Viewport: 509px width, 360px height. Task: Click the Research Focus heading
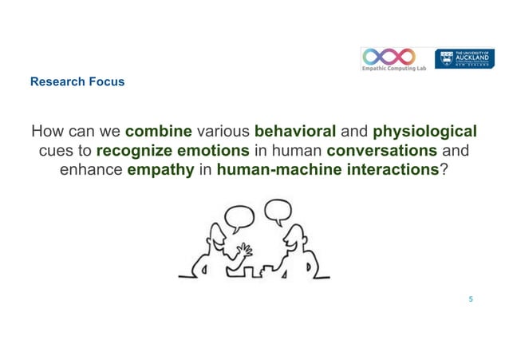point(77,81)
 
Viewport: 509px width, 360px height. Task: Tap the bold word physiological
point(425,131)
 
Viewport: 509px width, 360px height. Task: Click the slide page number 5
point(471,299)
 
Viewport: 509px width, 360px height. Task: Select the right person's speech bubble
point(277,212)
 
